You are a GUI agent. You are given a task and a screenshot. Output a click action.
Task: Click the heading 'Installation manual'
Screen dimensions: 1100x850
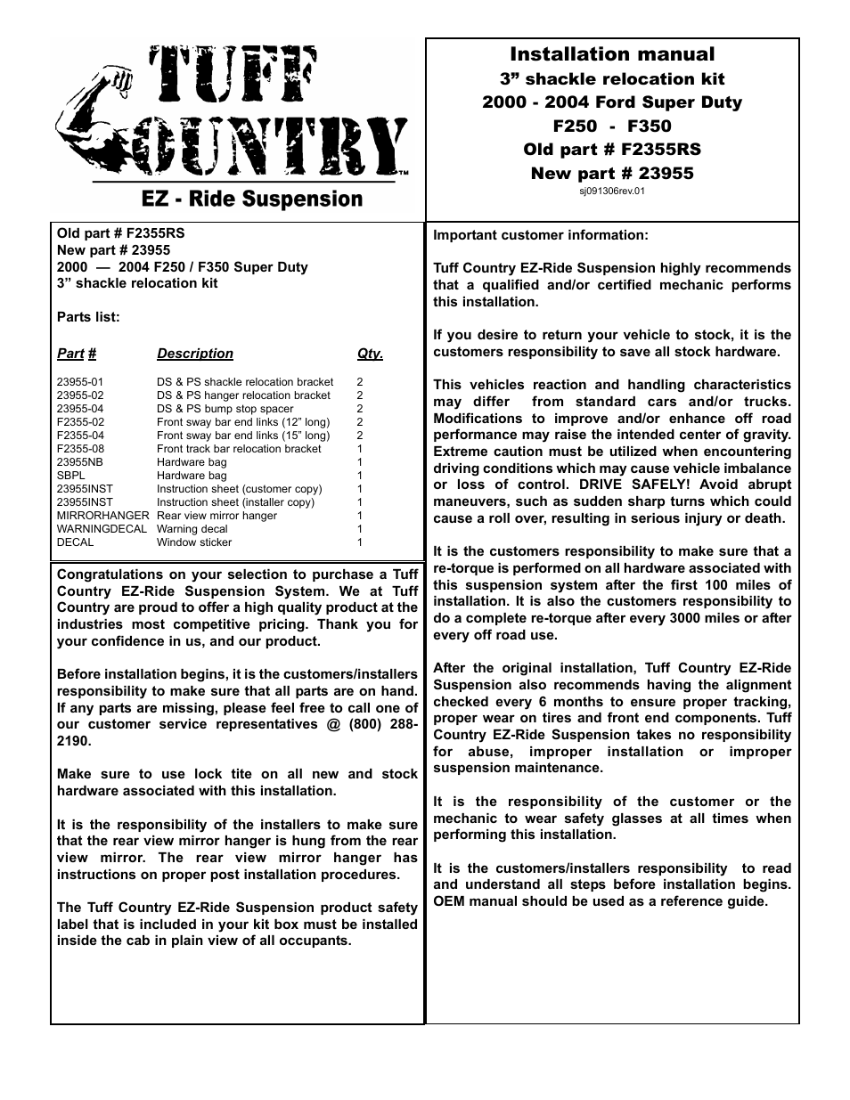click(611, 54)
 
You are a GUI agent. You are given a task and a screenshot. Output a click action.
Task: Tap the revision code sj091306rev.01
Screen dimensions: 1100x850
click(612, 191)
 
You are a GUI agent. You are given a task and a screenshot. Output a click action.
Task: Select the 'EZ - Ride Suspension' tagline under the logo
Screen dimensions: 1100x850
click(252, 199)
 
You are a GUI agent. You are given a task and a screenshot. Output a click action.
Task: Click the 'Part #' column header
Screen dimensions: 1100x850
click(76, 354)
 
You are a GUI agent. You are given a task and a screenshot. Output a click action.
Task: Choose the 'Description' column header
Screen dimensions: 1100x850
click(195, 354)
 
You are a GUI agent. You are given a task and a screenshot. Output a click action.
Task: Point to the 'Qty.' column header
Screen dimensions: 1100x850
click(370, 354)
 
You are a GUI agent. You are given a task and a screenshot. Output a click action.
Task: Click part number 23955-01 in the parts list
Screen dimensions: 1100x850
click(80, 382)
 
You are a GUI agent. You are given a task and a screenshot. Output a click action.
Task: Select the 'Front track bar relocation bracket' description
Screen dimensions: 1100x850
click(239, 449)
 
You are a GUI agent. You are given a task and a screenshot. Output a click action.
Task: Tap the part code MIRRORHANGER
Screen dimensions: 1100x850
click(102, 516)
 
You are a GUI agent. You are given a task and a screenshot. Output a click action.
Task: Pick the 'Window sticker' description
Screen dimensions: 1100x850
click(194, 542)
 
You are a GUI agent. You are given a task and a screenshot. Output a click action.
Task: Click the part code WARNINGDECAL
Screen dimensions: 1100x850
click(102, 529)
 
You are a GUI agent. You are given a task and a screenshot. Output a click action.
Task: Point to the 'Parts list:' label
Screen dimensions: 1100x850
click(88, 317)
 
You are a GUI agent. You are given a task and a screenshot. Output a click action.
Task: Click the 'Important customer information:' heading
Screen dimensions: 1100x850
click(541, 235)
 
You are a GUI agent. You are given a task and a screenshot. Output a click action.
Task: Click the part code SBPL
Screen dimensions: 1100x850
click(71, 476)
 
